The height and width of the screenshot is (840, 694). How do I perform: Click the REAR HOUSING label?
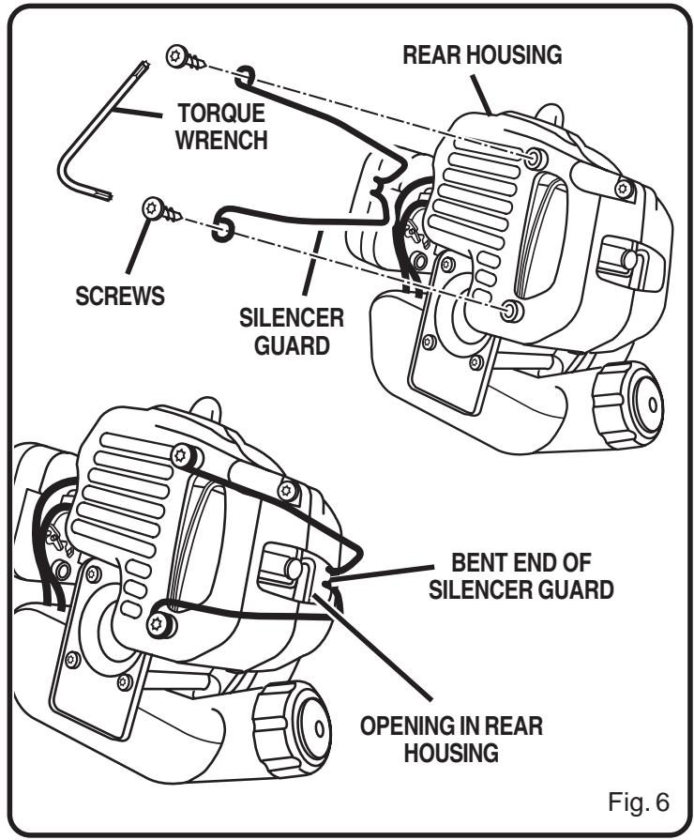[482, 55]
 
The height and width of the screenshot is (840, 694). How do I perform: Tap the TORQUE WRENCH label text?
[221, 127]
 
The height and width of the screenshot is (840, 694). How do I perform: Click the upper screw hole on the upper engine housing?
[536, 157]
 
